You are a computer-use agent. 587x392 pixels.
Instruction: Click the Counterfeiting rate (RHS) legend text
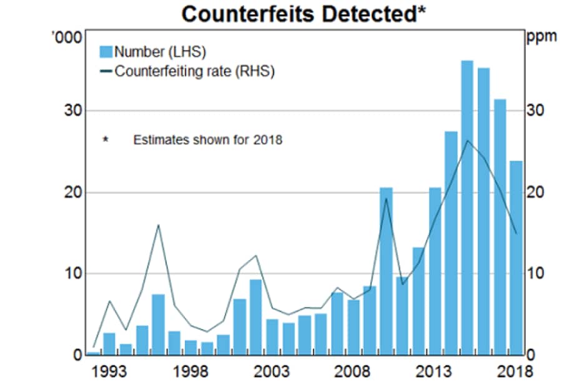(x=194, y=71)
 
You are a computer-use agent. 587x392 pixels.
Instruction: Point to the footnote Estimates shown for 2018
(x=207, y=140)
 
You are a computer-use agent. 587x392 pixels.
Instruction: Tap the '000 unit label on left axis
(x=69, y=38)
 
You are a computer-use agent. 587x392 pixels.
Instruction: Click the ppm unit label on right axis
(x=541, y=37)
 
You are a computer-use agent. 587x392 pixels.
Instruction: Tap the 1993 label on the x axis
(x=109, y=372)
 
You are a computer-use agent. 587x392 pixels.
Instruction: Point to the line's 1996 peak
(x=159, y=224)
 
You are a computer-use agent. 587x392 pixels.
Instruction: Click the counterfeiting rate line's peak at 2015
(x=468, y=140)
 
